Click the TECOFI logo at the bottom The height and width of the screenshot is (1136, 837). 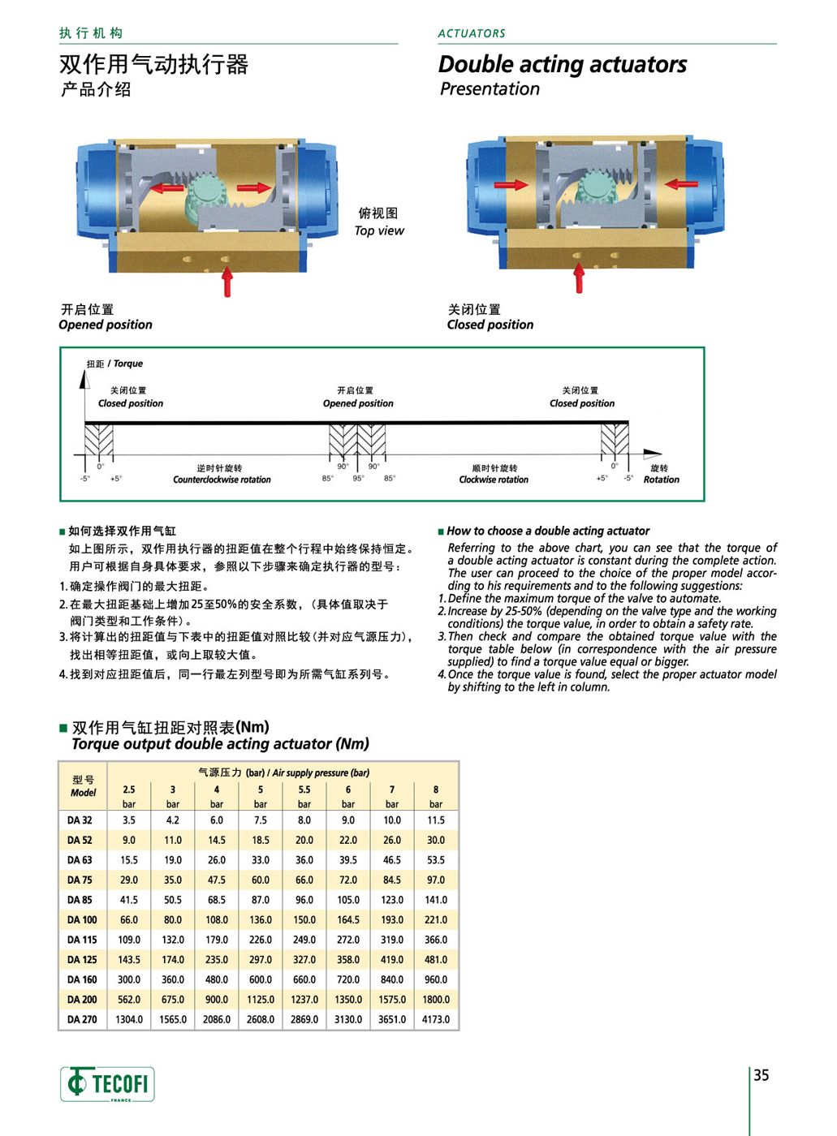(x=107, y=1083)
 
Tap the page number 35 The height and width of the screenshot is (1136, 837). (x=761, y=1075)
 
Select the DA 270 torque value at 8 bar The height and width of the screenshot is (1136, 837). (x=436, y=1020)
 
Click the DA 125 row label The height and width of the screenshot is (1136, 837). (x=82, y=960)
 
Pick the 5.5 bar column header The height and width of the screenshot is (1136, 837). (x=304, y=795)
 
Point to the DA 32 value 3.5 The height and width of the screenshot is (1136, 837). (x=129, y=820)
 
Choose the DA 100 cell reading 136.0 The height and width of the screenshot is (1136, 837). (x=261, y=920)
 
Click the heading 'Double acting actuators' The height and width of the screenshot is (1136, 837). (x=563, y=64)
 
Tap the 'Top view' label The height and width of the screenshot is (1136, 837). (x=379, y=230)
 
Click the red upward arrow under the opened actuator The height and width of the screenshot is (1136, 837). (x=227, y=281)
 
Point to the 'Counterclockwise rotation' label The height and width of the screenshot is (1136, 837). (x=222, y=480)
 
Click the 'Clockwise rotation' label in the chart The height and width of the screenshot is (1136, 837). (x=494, y=480)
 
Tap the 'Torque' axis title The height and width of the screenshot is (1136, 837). (x=127, y=364)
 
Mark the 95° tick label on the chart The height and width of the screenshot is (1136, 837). (x=359, y=479)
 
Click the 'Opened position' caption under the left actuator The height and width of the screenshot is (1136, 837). (x=106, y=325)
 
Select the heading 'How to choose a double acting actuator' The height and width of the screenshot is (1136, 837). (x=548, y=531)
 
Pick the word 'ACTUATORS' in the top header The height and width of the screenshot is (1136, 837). (x=472, y=33)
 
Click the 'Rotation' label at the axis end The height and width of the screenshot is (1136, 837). (x=661, y=480)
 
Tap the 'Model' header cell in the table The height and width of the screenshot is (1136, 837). (x=83, y=793)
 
